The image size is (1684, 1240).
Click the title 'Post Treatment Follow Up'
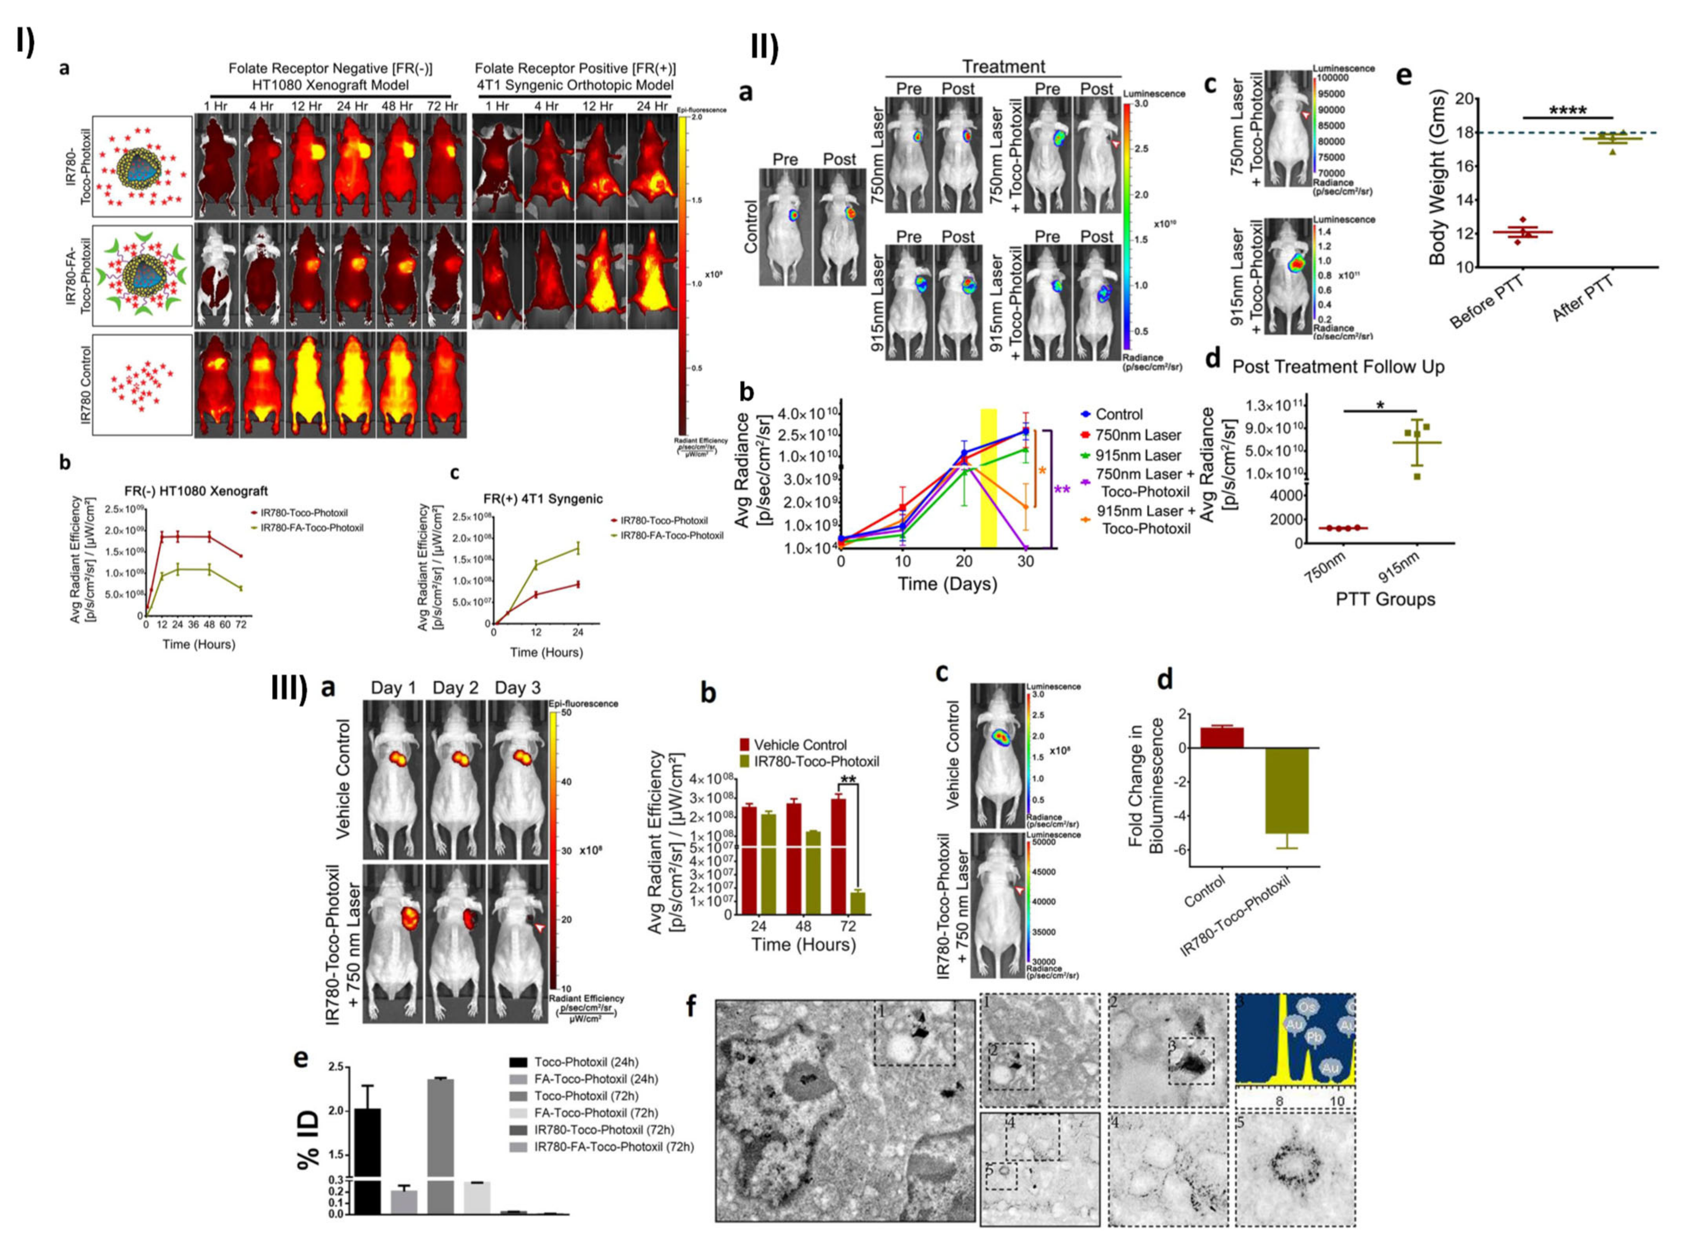coord(1338,367)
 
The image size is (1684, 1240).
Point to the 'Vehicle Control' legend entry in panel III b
coord(800,745)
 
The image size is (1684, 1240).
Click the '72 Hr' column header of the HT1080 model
coord(442,107)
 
